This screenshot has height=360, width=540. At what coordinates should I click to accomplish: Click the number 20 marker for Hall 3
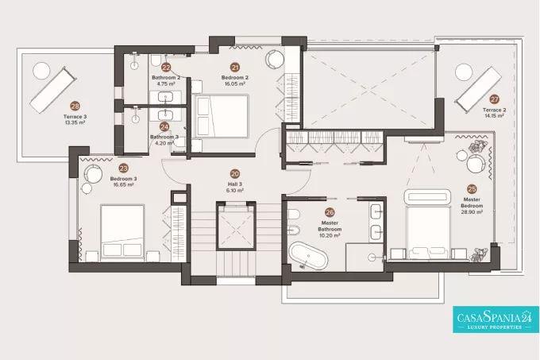point(234,174)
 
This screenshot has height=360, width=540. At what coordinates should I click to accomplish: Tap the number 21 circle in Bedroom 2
point(235,68)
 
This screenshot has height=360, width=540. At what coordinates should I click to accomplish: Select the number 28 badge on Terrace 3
point(75,106)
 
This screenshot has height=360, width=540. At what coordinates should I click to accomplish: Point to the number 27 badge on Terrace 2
point(494,99)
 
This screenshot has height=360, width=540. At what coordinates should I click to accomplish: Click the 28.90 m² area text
point(472,212)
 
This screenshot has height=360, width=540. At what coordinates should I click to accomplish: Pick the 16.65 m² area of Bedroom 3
point(123,184)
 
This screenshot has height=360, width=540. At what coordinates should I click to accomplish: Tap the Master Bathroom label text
point(330,226)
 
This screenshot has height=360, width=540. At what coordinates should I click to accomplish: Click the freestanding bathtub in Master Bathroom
point(308,255)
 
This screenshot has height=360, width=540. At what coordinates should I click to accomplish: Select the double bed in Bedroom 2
point(221,116)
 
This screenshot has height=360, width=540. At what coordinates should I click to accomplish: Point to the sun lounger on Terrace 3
point(53,90)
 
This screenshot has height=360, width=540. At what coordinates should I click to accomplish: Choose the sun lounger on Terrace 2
point(479,90)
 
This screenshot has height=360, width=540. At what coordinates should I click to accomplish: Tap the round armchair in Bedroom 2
point(275,59)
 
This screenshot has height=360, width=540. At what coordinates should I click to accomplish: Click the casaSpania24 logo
point(496,319)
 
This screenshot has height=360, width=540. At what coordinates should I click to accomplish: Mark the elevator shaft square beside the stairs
point(237,226)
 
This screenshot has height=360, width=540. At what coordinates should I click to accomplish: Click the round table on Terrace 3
point(41,71)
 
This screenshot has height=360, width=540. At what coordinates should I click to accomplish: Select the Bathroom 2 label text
point(166,78)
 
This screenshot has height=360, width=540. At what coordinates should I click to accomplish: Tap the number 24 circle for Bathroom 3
point(164,127)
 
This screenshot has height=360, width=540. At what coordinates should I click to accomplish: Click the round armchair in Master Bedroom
point(476,163)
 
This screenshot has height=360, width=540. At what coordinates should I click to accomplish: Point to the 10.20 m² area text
point(330,235)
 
